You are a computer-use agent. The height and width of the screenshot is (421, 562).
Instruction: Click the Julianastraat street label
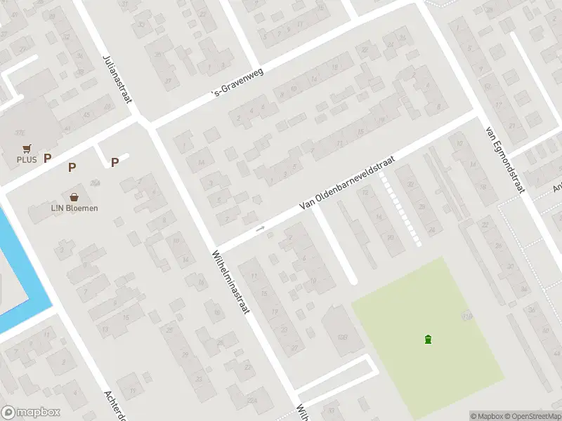click(x=117, y=79)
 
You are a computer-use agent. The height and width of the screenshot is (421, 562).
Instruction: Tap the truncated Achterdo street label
click(x=115, y=405)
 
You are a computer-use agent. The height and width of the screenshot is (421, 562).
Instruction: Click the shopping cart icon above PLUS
click(x=27, y=148)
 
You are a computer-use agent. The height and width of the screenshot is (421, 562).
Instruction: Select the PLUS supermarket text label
click(x=27, y=159)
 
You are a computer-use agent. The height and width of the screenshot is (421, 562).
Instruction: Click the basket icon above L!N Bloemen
click(x=74, y=197)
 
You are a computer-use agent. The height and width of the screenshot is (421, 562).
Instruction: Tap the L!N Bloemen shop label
click(x=74, y=208)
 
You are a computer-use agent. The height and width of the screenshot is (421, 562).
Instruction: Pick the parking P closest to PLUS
click(x=48, y=159)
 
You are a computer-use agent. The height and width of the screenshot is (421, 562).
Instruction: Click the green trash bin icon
click(x=428, y=340)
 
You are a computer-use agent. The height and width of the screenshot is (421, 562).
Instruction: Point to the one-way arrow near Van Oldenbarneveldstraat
click(x=260, y=228)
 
